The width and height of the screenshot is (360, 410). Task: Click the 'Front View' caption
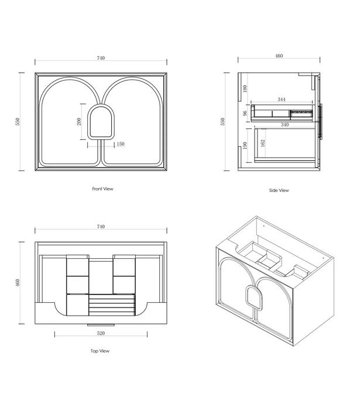[102, 189]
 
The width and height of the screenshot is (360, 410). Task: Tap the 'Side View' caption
[279, 190]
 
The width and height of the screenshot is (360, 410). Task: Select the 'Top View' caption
[100, 351]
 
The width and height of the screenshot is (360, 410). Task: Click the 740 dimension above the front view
[101, 58]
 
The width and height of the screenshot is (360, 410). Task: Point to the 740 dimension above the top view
[101, 227]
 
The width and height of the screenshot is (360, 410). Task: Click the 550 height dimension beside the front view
[18, 122]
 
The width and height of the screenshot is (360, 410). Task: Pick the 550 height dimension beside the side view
[222, 122]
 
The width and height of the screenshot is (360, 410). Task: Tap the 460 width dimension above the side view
[279, 56]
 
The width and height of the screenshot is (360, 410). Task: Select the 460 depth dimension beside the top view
[18, 283]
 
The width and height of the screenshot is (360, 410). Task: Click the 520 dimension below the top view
[101, 333]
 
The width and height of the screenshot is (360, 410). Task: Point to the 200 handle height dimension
[79, 122]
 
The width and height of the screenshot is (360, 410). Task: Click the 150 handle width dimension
[121, 144]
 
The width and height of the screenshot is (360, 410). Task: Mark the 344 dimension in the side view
[282, 100]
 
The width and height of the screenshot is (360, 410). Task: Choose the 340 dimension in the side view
[284, 125]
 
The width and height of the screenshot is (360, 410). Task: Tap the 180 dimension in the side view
[245, 88]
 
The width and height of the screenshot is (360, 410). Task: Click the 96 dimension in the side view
[245, 113]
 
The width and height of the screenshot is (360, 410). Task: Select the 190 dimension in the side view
[245, 145]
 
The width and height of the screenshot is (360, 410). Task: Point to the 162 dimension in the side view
[263, 143]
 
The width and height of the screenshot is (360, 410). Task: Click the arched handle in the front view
[101, 122]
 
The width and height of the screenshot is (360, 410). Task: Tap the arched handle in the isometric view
[254, 298]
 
